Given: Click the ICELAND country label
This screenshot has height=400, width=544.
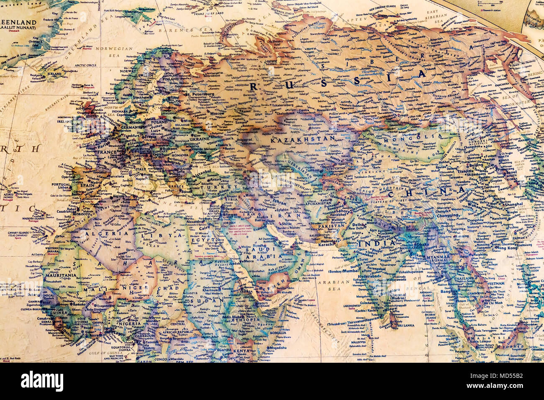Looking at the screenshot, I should [x=54, y=74].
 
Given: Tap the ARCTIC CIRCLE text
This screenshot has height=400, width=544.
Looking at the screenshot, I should [x=85, y=66].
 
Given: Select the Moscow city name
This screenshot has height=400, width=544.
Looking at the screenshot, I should [x=217, y=114].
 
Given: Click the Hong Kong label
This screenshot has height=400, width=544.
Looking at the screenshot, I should [x=508, y=248].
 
